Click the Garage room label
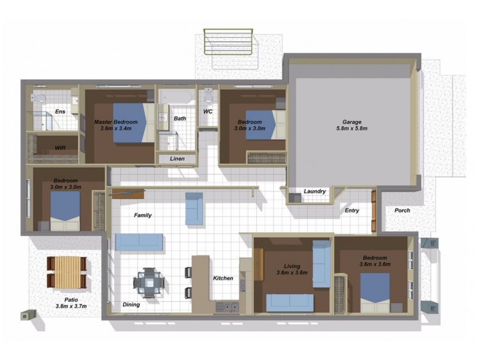(351, 120)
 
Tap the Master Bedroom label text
(116, 122)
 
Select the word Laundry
(314, 191)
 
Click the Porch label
(403, 211)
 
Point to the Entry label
(352, 211)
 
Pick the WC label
(208, 112)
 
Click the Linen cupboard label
(177, 159)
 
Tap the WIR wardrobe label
(60, 147)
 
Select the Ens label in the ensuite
(60, 112)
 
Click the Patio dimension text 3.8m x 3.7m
(67, 306)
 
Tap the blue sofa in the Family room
(139, 242)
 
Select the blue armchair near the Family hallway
(194, 208)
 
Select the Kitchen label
(223, 278)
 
